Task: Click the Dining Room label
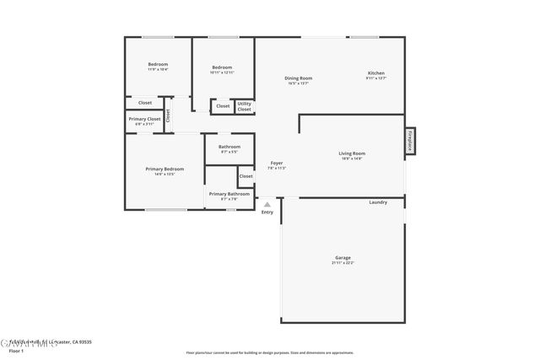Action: click(300, 78)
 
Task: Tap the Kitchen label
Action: click(375, 73)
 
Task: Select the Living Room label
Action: click(351, 153)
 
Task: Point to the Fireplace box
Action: click(410, 141)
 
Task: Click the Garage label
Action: click(343, 258)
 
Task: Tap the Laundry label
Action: click(378, 202)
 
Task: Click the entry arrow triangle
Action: click(267, 204)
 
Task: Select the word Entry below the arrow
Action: click(267, 212)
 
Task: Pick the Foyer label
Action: click(276, 163)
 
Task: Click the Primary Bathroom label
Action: click(229, 194)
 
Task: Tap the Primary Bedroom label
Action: click(165, 169)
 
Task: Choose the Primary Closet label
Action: click(144, 119)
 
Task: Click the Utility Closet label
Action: click(244, 106)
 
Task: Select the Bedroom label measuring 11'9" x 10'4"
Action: click(158, 65)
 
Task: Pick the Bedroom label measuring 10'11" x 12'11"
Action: click(222, 67)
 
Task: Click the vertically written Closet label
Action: click(167, 115)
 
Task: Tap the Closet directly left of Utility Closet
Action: click(223, 106)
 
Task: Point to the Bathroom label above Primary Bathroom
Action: click(229, 147)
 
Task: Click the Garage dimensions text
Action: click(343, 263)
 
